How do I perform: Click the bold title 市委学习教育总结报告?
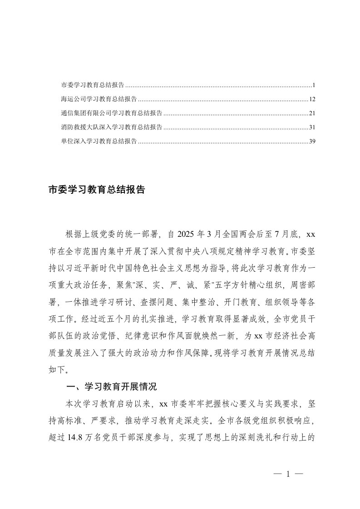[x=97, y=190]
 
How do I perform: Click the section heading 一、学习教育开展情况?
[x=111, y=387]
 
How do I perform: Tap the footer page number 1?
[x=288, y=474]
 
